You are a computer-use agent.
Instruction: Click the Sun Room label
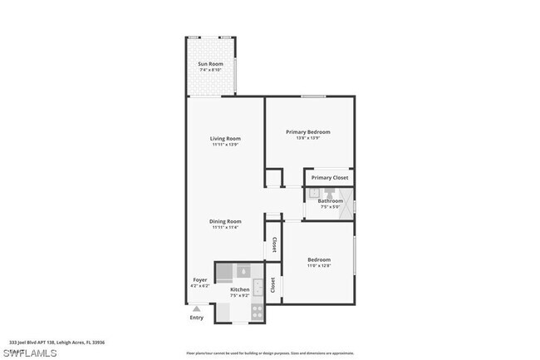(x=209, y=64)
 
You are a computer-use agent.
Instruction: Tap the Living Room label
(x=224, y=138)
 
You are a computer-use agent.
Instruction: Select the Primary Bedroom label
(x=307, y=131)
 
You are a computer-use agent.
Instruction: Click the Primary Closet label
(x=330, y=177)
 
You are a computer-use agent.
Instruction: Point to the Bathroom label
(x=329, y=200)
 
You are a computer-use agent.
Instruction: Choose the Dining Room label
(x=224, y=221)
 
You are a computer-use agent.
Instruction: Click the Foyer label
(x=200, y=279)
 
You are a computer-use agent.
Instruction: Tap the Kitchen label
(x=239, y=290)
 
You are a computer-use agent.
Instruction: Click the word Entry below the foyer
(x=196, y=318)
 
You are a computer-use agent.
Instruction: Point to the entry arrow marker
(x=196, y=308)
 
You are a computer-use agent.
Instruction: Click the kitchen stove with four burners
(x=257, y=313)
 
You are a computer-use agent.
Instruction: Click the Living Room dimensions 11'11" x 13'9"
(x=224, y=145)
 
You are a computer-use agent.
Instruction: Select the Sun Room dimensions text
(x=209, y=71)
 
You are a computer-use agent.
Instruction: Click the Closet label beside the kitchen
(x=273, y=284)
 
